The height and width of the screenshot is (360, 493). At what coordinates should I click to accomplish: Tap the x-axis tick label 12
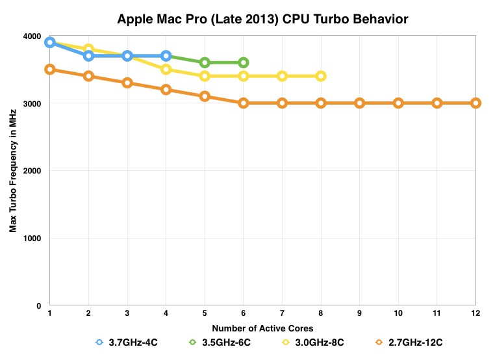[x=475, y=313]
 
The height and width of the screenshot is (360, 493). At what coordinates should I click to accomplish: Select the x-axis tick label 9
[x=359, y=313]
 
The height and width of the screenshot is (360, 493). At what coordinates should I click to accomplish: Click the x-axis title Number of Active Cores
[x=262, y=328]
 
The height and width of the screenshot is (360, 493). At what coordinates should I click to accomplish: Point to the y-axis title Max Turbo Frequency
[x=13, y=171]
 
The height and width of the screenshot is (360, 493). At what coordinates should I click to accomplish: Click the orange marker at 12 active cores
[x=475, y=103]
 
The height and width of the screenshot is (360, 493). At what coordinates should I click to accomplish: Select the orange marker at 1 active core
[x=50, y=70]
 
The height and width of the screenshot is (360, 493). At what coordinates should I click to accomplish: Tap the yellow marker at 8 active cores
[x=320, y=76]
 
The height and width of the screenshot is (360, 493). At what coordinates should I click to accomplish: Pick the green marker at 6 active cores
[x=243, y=62]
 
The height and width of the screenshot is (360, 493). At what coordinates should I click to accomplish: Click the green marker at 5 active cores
[x=205, y=62]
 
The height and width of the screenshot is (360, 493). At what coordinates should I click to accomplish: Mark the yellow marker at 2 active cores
[x=89, y=49]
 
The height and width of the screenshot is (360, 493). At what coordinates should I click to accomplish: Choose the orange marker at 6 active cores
[x=243, y=103]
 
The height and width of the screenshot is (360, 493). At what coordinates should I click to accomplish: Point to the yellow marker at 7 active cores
[x=282, y=76]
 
